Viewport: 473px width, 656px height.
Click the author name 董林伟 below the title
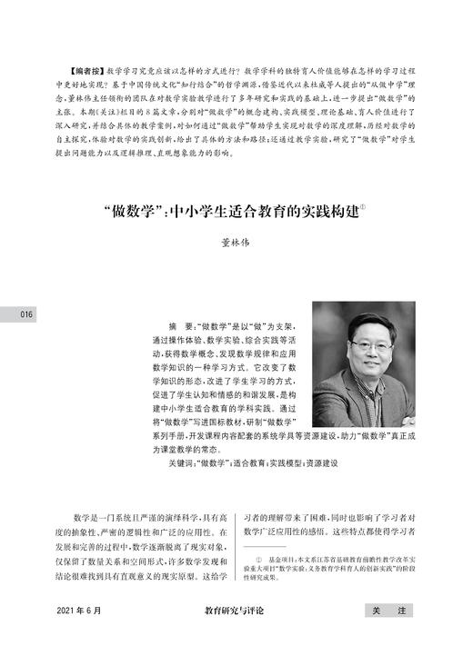click(236, 243)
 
